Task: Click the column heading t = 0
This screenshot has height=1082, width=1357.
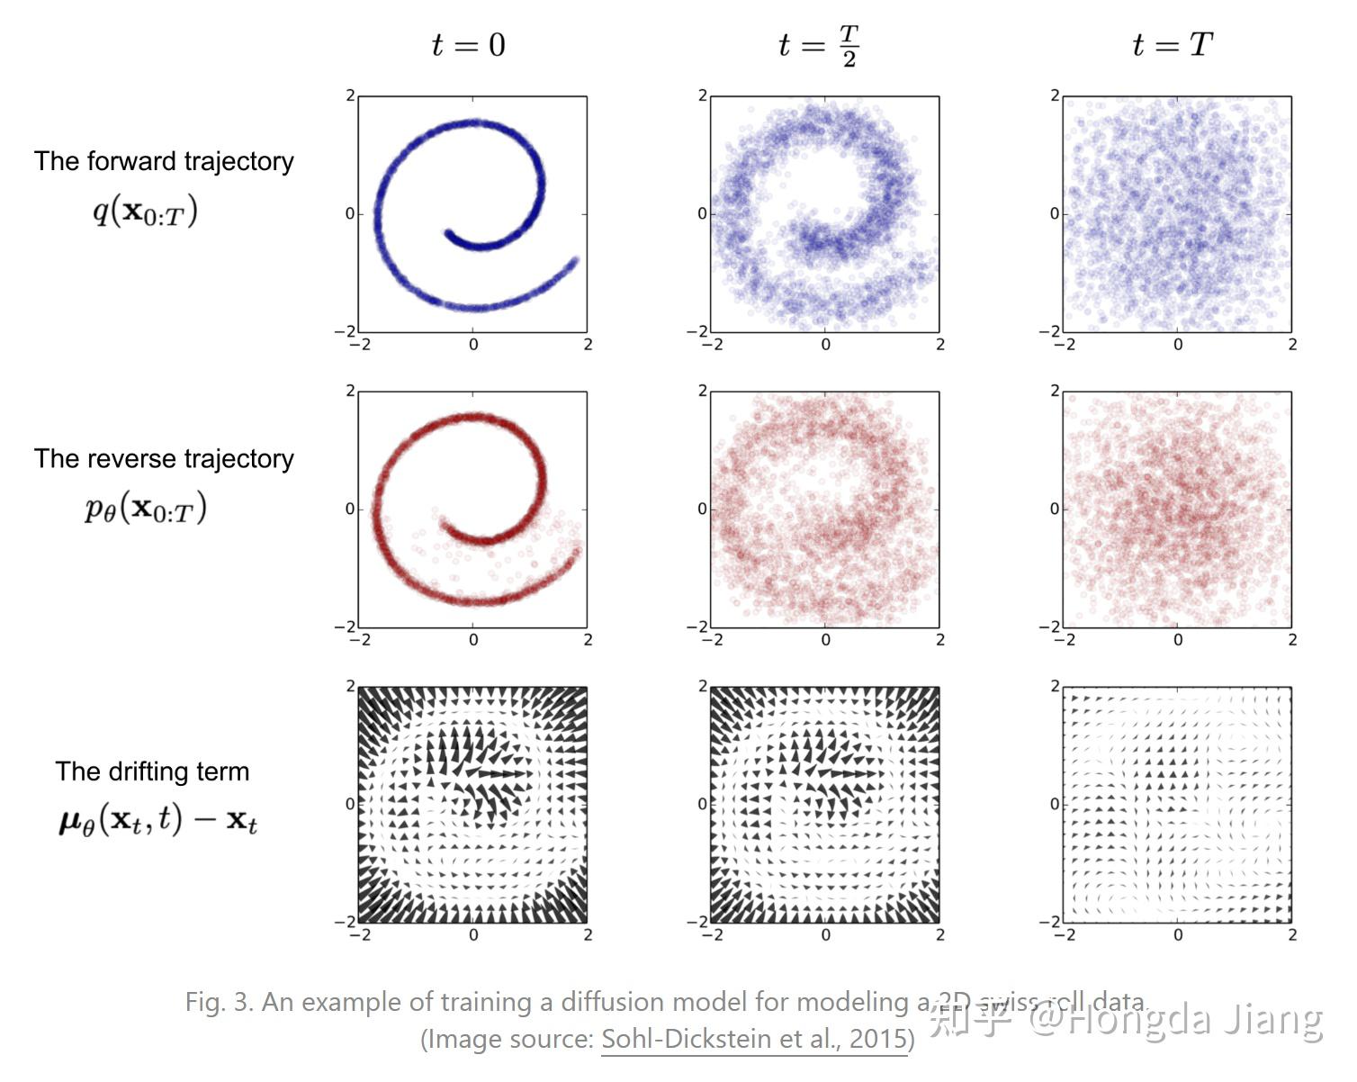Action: (468, 44)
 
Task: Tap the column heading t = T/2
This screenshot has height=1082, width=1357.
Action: (818, 45)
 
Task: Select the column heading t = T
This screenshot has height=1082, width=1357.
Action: (1172, 44)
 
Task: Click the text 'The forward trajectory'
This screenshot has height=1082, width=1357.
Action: (164, 161)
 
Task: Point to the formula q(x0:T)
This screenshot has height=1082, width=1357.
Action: (145, 212)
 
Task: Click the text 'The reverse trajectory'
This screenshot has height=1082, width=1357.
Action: (164, 459)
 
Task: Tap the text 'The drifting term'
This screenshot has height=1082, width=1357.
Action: (152, 771)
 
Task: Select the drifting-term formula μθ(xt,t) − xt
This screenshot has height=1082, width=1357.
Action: (157, 820)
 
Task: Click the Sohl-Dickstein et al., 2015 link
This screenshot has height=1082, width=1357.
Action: (754, 1039)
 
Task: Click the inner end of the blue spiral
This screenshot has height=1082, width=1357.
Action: (448, 234)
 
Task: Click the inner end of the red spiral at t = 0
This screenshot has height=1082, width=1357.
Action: (444, 521)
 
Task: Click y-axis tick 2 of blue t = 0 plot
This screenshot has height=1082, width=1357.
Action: (350, 95)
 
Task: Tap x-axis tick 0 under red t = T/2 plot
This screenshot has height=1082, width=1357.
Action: (825, 640)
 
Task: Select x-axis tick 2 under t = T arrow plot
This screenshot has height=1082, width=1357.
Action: (1292, 935)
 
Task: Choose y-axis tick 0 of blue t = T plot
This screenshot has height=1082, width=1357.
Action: (1055, 214)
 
